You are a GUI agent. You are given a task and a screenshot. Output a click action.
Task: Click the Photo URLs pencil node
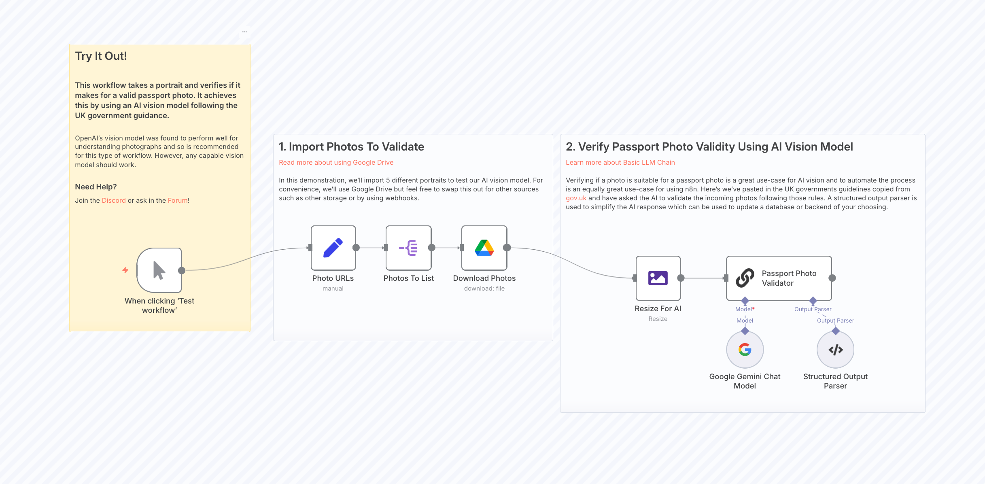point(333,248)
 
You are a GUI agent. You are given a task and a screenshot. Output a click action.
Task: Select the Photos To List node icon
point(408,248)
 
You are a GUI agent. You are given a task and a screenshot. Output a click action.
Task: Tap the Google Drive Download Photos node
point(484,248)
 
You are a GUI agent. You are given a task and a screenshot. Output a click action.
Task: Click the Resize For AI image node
point(658,278)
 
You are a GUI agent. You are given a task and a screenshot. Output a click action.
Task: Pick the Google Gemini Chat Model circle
point(745,350)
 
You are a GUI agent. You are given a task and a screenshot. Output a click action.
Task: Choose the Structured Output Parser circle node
point(835,350)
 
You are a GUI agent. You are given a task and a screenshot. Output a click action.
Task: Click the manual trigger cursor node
point(159,270)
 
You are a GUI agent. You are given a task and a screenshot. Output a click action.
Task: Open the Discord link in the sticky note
point(114,200)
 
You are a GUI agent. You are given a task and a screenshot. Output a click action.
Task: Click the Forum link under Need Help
point(178,200)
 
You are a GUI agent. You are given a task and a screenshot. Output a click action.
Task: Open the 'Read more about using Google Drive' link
point(336,162)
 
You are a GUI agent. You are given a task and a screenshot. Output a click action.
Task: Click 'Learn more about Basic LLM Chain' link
point(620,162)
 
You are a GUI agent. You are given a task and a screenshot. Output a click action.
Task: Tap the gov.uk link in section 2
point(576,198)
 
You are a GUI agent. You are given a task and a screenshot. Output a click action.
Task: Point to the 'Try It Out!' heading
point(101,56)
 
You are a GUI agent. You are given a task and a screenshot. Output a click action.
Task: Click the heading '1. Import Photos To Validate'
point(351,146)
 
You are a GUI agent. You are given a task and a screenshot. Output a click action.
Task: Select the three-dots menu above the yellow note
point(244,32)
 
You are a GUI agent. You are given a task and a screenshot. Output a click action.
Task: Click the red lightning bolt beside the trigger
point(125,270)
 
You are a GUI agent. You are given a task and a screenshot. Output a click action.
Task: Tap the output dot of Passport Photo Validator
point(832,278)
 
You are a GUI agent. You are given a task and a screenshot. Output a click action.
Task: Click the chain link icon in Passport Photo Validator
point(745,278)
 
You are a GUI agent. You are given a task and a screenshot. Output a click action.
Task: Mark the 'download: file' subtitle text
point(484,289)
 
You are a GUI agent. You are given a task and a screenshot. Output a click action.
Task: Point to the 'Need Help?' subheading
point(96,187)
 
